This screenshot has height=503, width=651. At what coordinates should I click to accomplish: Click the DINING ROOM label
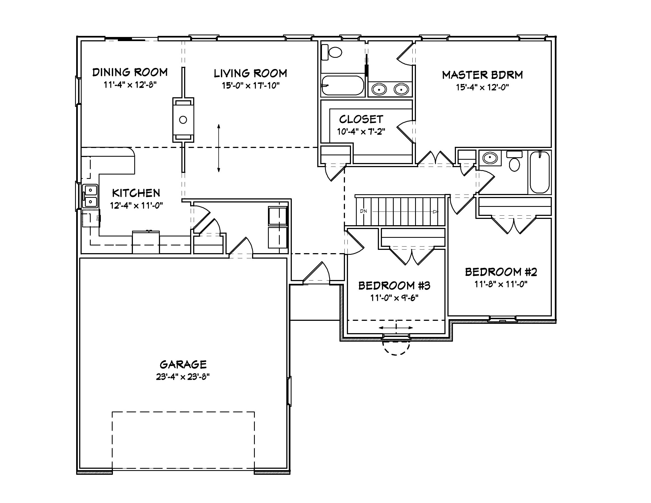130,72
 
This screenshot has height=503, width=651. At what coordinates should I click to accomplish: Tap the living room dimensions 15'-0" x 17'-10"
250,86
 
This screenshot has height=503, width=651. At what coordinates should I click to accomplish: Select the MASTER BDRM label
482,75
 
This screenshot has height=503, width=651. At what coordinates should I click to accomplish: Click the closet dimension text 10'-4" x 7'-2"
361,132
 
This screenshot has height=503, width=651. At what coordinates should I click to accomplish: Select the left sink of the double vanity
379,89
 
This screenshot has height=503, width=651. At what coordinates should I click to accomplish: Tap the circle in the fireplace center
183,120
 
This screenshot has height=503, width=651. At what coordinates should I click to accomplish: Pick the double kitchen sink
90,196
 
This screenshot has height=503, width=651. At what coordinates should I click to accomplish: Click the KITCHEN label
136,193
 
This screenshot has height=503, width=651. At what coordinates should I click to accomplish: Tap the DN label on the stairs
363,211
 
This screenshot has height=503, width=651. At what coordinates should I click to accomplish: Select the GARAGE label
183,364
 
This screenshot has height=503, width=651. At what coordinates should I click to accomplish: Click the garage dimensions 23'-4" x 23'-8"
183,377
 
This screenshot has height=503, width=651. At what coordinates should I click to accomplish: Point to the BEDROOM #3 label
394,285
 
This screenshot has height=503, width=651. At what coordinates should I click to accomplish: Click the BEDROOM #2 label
501,272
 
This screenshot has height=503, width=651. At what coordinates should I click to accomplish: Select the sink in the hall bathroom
490,158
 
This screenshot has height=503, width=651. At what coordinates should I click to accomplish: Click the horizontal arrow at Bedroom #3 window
396,328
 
